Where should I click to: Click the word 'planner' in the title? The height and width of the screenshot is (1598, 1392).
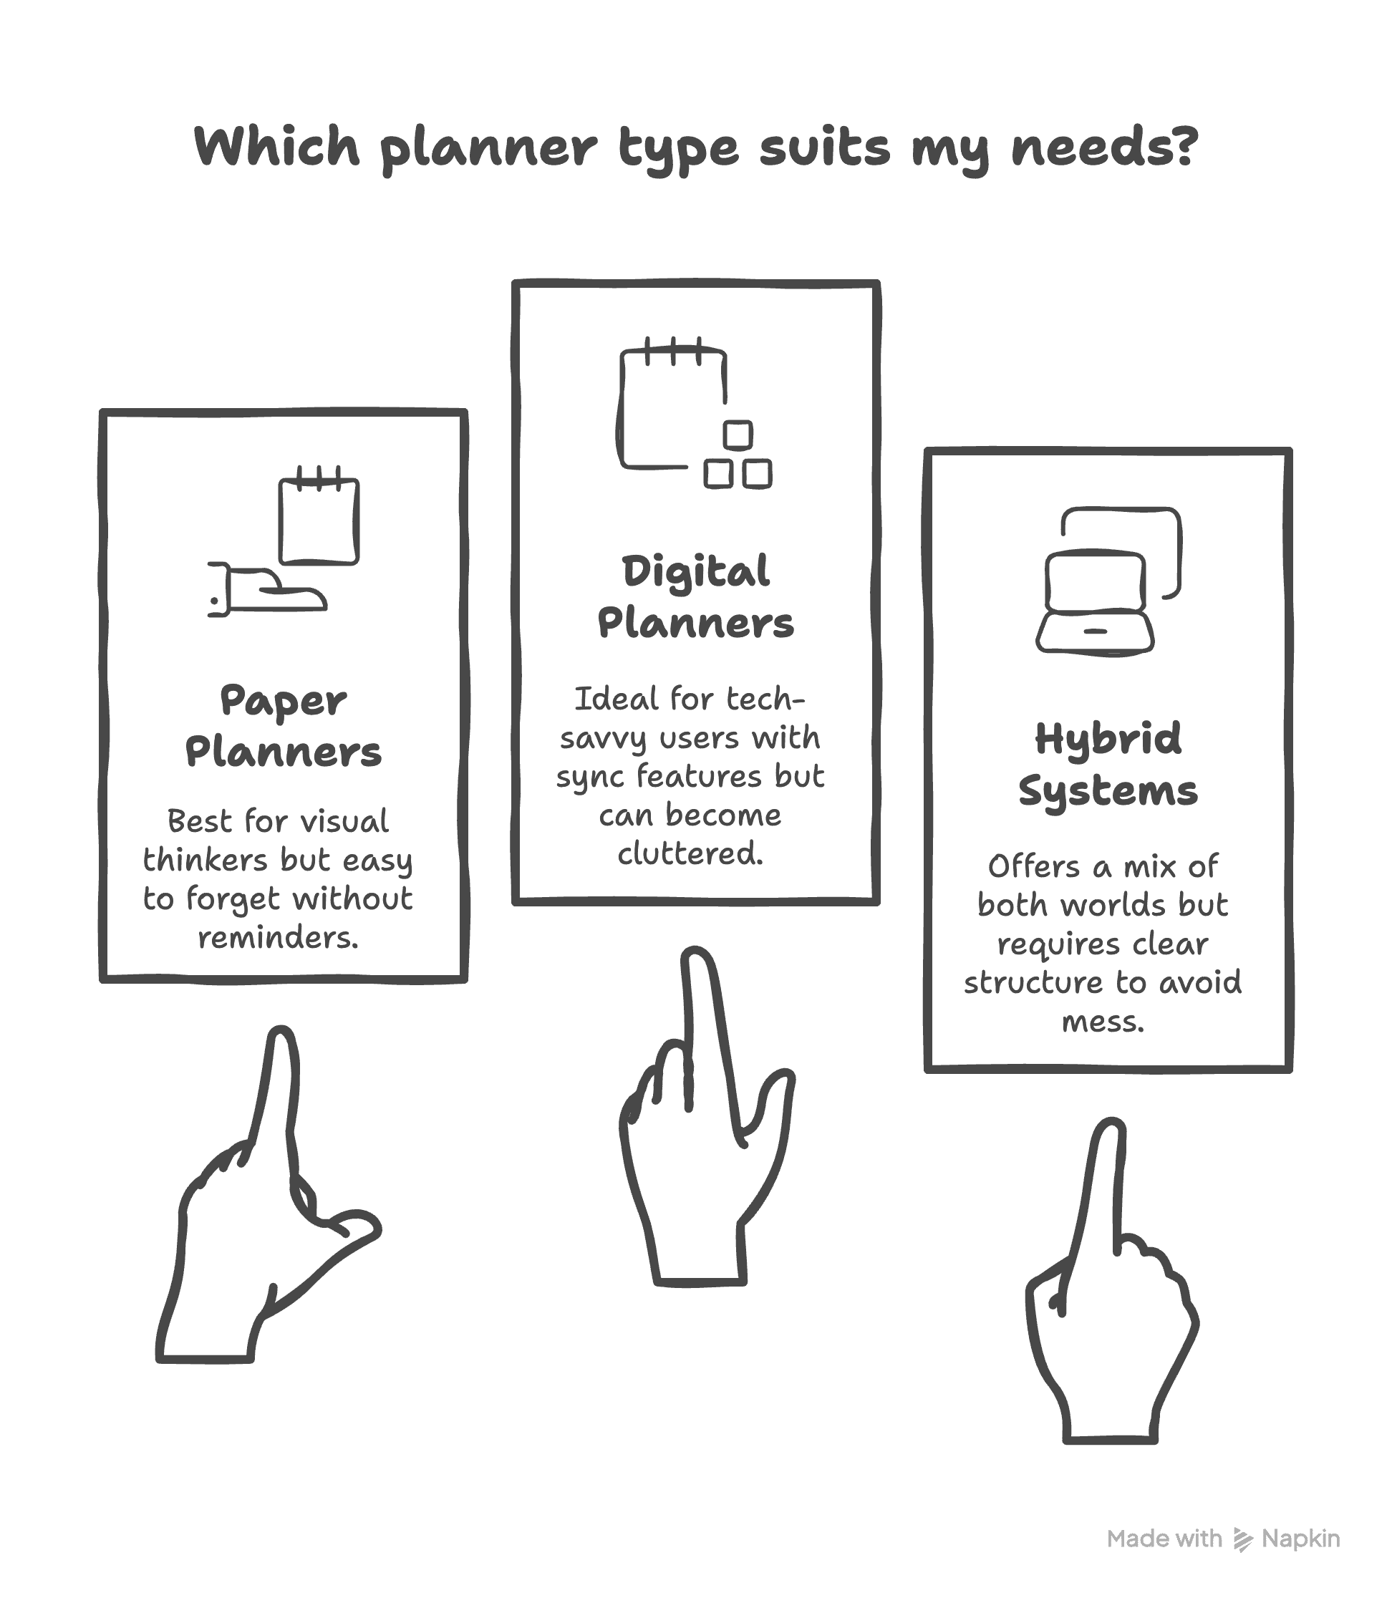(488, 147)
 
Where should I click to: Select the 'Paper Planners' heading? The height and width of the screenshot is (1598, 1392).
(284, 726)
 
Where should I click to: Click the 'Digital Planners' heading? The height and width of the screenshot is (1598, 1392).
(695, 597)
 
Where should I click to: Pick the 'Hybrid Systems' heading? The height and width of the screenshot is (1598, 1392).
(1108, 764)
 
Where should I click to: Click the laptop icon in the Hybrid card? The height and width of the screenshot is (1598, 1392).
(1096, 603)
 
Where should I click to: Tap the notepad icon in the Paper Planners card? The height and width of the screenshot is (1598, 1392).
(319, 518)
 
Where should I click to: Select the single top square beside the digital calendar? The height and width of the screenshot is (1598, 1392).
(738, 435)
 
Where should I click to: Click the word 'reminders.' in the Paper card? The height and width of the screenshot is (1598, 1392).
(278, 938)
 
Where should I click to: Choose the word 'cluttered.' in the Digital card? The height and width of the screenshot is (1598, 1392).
(690, 854)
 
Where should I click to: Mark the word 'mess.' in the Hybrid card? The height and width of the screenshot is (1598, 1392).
(1103, 1022)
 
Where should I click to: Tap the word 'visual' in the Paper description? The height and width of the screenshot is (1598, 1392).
(344, 821)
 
